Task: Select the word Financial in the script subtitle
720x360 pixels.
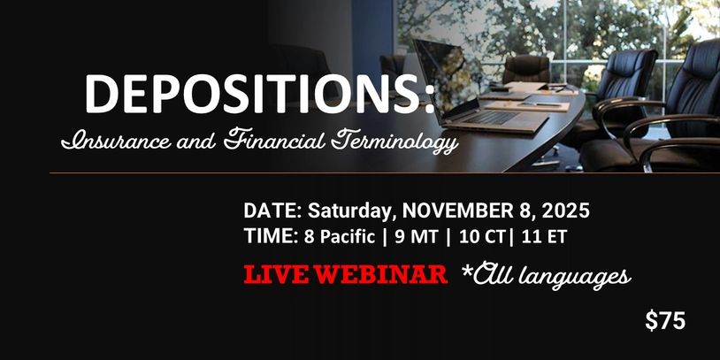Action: click(274, 140)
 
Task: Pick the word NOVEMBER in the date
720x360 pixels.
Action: click(457, 211)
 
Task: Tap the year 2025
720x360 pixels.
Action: click(566, 211)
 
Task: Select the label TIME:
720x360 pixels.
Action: click(272, 236)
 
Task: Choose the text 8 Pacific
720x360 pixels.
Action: click(340, 236)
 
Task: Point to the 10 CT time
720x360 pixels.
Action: click(479, 236)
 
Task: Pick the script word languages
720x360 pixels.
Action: click(578, 278)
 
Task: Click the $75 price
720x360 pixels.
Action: click(665, 320)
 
